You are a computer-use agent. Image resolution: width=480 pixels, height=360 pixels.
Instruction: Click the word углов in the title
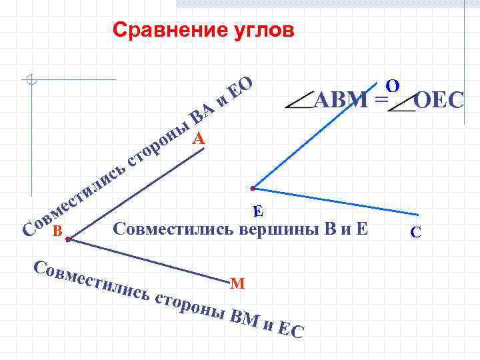pyautogui.click(x=260, y=31)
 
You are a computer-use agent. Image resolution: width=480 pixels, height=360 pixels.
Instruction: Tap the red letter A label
pyautogui.click(x=199, y=139)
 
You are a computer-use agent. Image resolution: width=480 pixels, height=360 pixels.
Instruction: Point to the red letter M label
pyautogui.click(x=237, y=283)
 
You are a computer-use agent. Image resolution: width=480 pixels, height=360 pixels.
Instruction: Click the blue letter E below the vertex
pyautogui.click(x=259, y=211)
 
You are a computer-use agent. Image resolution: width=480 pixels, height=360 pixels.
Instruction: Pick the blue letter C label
pyautogui.click(x=415, y=232)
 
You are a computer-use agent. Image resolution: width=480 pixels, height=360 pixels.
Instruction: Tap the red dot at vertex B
pyautogui.click(x=68, y=238)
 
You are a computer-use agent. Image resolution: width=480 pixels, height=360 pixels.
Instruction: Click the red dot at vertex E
pyautogui.click(x=253, y=188)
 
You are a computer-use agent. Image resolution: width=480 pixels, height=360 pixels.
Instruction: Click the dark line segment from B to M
pyautogui.click(x=153, y=259)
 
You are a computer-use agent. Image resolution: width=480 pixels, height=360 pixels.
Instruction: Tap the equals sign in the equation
pyautogui.click(x=380, y=101)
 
